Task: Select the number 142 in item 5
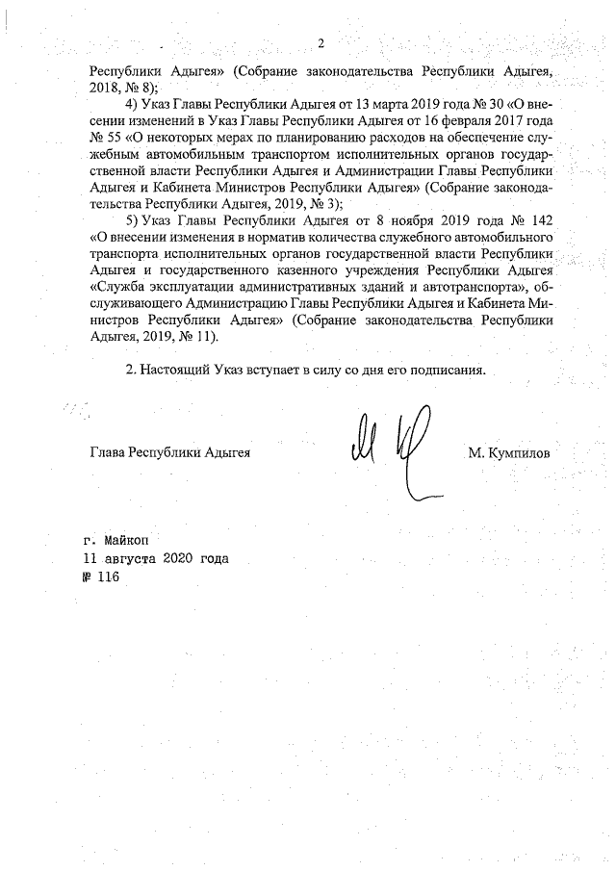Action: (x=542, y=221)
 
